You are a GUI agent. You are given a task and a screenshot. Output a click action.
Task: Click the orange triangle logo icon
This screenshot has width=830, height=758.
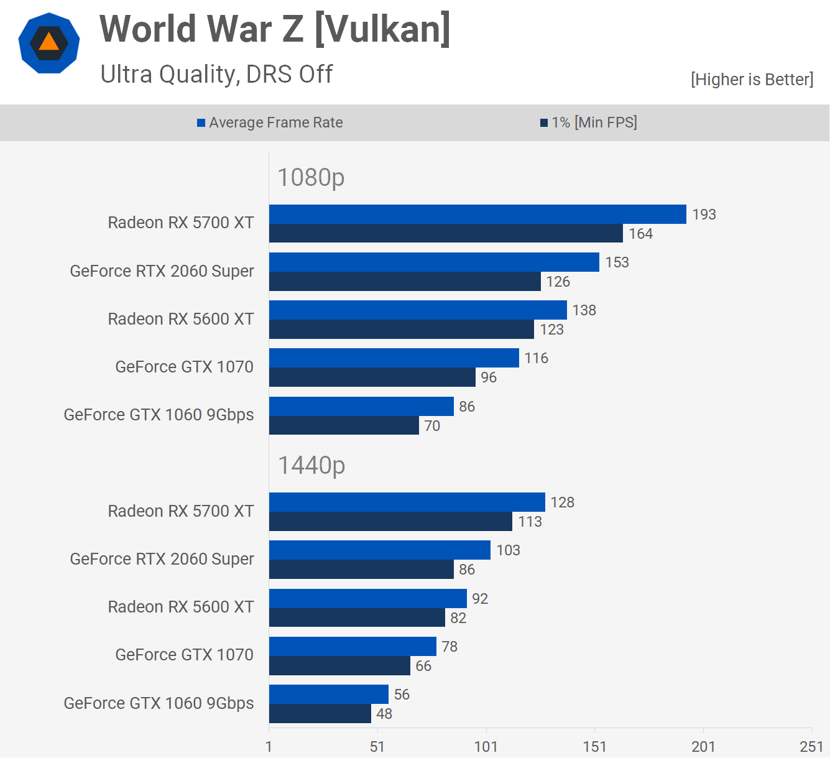coord(49,43)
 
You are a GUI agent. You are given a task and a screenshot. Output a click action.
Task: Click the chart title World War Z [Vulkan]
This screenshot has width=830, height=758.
coord(275,29)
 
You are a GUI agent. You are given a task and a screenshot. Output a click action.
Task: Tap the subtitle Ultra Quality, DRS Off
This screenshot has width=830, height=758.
coord(216,75)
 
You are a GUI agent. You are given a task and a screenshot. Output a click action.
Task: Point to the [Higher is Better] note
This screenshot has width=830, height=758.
coord(752,80)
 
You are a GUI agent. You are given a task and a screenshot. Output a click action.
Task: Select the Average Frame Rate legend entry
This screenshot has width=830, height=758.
coord(270,122)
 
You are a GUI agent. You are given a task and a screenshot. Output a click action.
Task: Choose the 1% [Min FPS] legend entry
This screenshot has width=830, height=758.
coord(589,122)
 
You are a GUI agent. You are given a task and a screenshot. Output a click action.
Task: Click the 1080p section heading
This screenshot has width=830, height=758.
coord(311,178)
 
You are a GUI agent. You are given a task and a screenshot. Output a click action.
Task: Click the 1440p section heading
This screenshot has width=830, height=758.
coord(311,466)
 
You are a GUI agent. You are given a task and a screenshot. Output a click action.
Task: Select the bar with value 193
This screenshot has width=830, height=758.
coord(477,215)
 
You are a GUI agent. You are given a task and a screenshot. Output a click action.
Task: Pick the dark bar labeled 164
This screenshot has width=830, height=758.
coord(446,234)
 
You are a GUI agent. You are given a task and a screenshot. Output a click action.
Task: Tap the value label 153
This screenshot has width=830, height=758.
coord(617,262)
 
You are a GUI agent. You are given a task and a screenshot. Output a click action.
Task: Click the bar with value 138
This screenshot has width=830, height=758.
coord(418,310)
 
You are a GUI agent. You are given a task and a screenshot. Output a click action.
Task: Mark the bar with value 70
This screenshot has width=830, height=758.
coord(344,425)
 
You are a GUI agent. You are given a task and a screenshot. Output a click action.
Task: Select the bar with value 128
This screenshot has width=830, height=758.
coord(407,502)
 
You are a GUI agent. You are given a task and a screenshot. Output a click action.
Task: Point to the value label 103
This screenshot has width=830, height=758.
coord(508,550)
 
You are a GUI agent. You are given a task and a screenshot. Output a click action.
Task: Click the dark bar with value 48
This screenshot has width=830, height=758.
coord(320,714)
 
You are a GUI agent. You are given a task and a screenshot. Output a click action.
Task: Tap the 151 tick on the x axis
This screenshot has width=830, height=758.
coord(594,747)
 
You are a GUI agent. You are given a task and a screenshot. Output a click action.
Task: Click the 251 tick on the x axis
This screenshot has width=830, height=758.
coord(811,747)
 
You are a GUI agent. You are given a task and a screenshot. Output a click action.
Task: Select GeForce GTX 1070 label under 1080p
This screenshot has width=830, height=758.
coord(184,367)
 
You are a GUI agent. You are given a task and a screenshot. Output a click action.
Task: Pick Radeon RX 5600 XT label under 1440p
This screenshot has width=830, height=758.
coord(181,607)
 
